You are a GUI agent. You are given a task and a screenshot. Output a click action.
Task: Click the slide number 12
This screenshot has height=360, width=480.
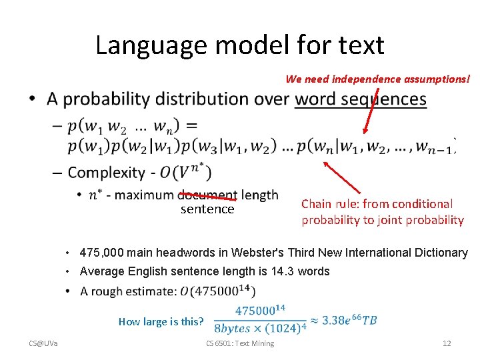point(447,343)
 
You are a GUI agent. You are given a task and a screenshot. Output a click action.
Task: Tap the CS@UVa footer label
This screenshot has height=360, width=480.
point(43,343)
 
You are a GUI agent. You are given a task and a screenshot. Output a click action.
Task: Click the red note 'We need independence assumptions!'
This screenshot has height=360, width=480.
point(378,79)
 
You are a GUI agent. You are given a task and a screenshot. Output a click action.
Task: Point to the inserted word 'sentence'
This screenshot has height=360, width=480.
point(207,209)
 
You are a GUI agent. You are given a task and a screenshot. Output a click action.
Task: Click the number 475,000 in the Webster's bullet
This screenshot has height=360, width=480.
point(99,253)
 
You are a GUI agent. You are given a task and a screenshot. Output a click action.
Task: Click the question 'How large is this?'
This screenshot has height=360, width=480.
point(161,321)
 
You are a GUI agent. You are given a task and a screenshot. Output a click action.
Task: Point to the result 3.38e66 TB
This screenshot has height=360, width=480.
point(349,320)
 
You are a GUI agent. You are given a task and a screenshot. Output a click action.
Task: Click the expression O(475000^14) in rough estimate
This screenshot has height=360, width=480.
point(218,291)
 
